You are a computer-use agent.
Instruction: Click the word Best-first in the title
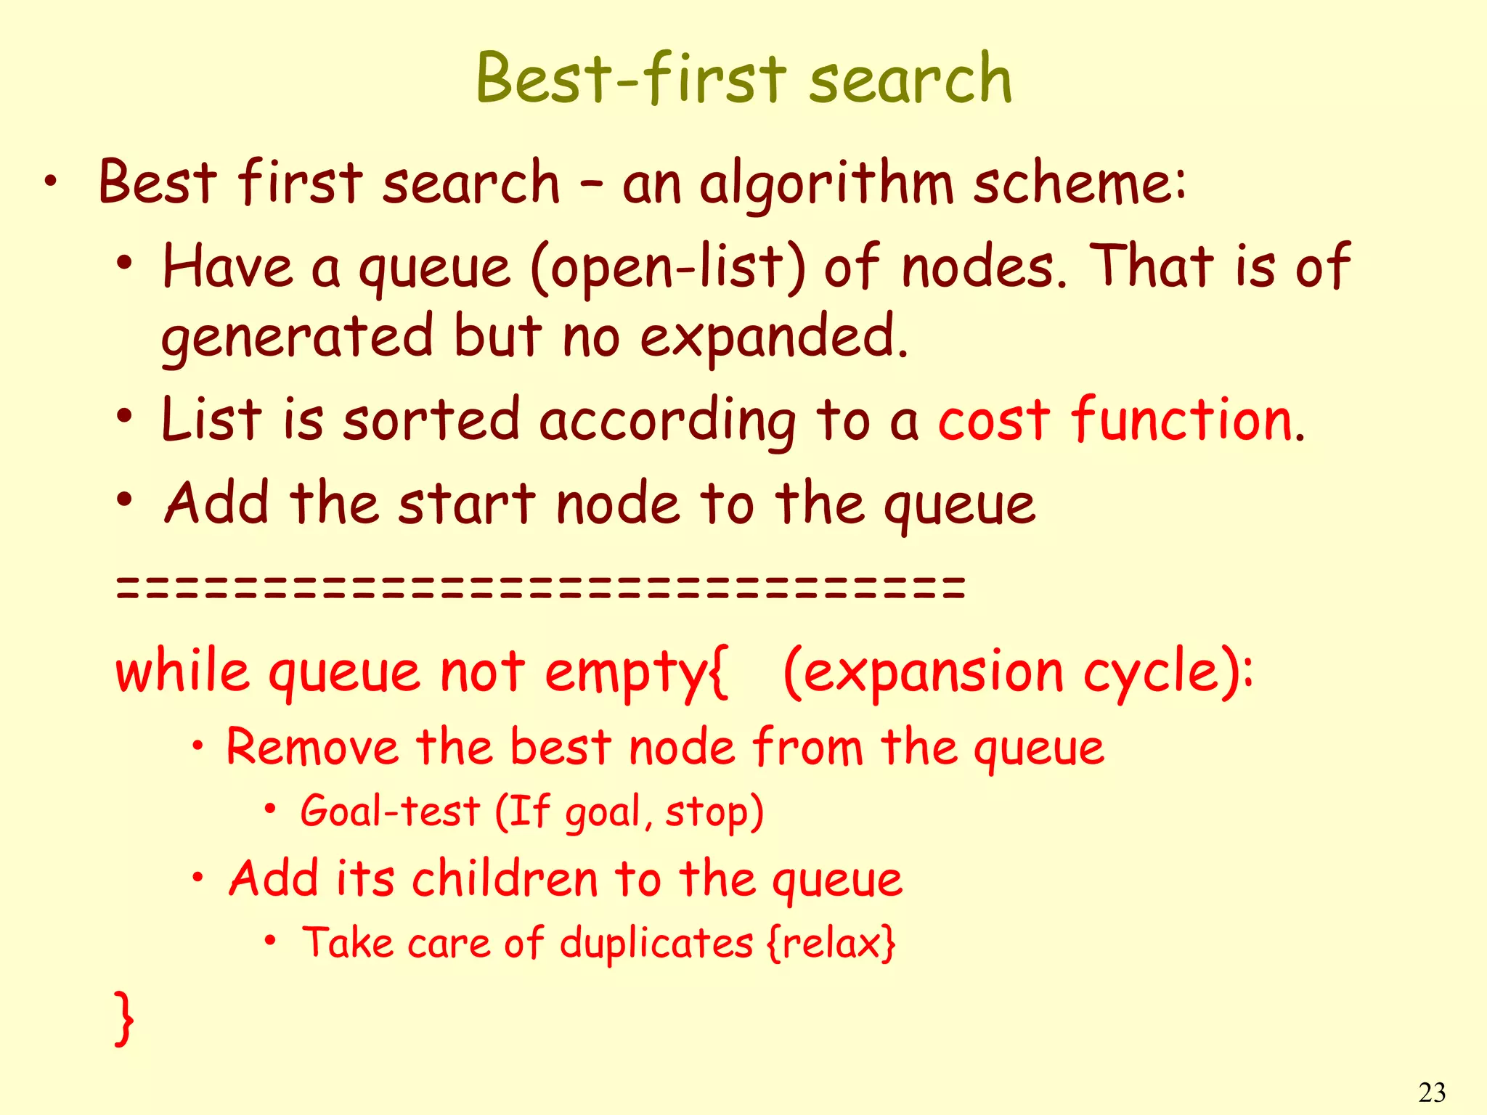tap(630, 78)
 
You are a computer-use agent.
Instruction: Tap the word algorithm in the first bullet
tap(826, 184)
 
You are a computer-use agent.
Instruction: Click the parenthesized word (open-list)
tap(668, 267)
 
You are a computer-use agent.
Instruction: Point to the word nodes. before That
tap(984, 267)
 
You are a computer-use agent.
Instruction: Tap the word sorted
tap(431, 421)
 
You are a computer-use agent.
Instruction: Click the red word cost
tap(993, 421)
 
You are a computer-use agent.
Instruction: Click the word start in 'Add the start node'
tap(466, 505)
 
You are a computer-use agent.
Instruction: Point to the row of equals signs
tap(540, 587)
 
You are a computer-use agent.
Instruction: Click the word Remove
tap(312, 747)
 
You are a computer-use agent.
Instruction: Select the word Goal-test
tap(390, 811)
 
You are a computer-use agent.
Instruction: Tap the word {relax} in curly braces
tap(831, 943)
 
